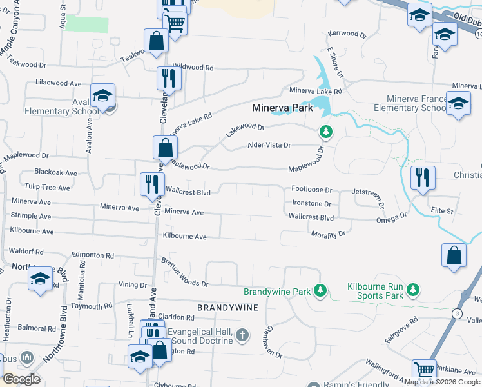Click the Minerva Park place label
[282, 108]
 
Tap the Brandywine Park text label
[277, 292]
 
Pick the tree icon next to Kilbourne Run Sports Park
[413, 291]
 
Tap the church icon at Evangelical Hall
[242, 335]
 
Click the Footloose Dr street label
[311, 190]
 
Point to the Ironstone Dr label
[311, 204]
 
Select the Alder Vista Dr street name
[270, 145]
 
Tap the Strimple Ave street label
[31, 215]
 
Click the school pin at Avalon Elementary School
[102, 95]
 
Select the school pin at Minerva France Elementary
[458, 103]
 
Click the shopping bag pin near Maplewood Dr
[166, 146]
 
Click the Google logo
[21, 379]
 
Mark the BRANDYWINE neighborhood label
[227, 308]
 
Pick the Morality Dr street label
[329, 234]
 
